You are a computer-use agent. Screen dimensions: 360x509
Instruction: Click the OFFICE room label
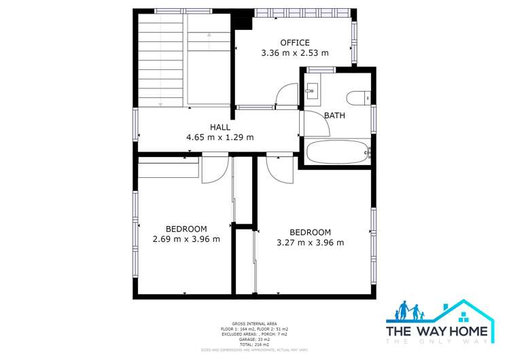click(x=294, y=42)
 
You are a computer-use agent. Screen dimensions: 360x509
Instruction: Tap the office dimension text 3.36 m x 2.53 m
click(x=294, y=52)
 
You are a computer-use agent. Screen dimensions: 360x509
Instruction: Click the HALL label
click(x=220, y=127)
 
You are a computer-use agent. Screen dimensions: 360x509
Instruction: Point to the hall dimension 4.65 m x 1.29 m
click(x=220, y=137)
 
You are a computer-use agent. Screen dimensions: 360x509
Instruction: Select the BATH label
click(x=334, y=115)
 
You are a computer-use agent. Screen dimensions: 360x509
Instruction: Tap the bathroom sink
click(x=311, y=90)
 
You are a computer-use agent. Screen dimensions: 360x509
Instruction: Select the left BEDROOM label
click(x=186, y=229)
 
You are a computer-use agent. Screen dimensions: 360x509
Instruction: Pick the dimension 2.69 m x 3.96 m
click(x=186, y=239)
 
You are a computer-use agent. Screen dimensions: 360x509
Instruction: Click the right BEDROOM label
click(x=310, y=232)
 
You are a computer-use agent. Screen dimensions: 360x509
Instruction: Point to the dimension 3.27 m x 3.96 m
click(x=310, y=242)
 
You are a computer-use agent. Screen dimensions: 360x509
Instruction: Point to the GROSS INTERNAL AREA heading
click(x=254, y=324)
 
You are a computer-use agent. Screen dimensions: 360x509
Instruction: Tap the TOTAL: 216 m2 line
click(x=254, y=345)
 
